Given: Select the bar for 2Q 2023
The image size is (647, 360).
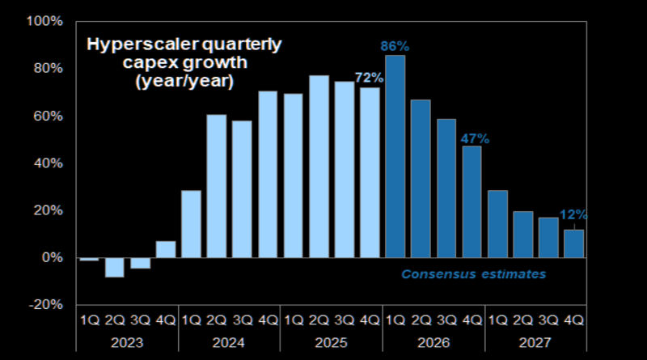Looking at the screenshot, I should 115,267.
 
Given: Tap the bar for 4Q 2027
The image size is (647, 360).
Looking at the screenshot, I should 573,244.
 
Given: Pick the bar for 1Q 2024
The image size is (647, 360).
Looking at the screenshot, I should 191,224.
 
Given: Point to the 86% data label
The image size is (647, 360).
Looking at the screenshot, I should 395,46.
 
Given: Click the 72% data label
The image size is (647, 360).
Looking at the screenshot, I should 369,78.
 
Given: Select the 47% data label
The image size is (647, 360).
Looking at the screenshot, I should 472,138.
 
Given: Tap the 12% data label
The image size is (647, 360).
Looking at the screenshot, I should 574,214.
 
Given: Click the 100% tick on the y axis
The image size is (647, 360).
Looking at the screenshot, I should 44,21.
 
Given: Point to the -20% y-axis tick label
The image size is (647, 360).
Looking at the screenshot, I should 44,305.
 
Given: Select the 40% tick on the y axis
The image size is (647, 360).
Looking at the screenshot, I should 47,163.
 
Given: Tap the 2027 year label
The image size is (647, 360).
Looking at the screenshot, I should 534,343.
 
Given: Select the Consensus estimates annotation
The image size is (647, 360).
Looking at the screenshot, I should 474,274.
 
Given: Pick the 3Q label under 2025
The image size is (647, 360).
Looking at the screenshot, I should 344,320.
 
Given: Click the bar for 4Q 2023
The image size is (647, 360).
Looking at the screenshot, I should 166,249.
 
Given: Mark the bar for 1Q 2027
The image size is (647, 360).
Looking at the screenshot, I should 497,224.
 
